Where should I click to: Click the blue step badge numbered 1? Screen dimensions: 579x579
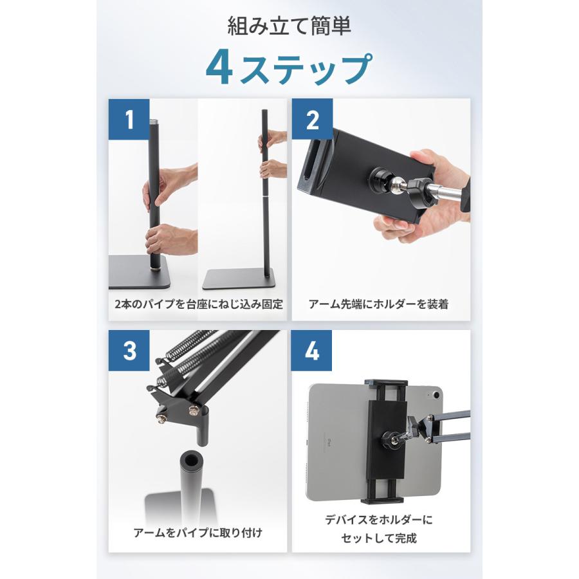pyautogui.click(x=129, y=119)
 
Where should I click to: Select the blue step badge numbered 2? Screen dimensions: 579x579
pyautogui.click(x=313, y=119)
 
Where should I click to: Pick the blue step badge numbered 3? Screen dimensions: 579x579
pyautogui.click(x=129, y=351)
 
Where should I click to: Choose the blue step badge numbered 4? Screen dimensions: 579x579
pyautogui.click(x=313, y=351)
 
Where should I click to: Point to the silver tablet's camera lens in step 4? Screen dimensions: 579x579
pyautogui.click(x=432, y=391)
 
